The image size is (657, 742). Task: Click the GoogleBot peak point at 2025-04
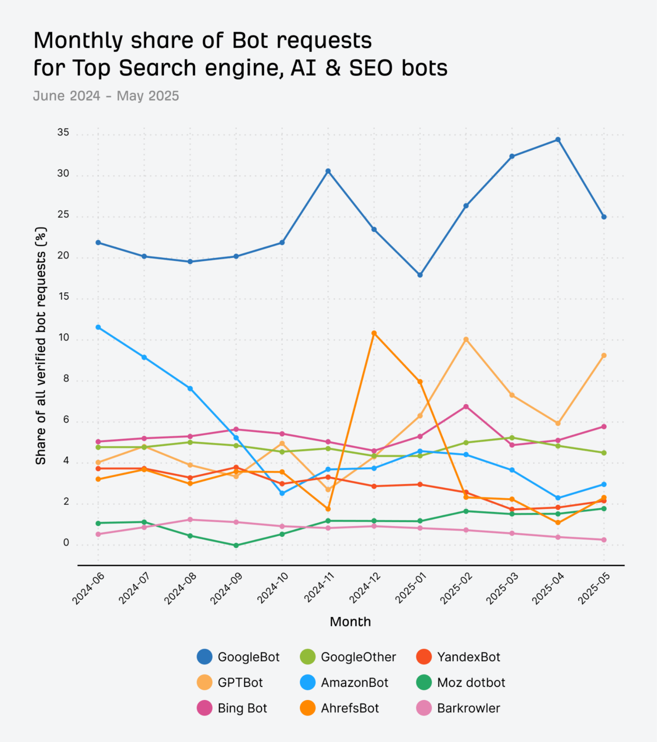[557, 140]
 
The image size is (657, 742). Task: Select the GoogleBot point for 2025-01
[420, 275]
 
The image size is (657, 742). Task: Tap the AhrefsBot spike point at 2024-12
[374, 333]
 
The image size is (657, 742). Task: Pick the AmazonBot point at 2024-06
[98, 327]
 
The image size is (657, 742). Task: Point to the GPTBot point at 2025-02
[466, 340]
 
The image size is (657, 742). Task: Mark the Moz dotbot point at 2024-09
[236, 545]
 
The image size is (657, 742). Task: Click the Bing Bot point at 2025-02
[466, 406]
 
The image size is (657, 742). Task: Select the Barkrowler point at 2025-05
[603, 540]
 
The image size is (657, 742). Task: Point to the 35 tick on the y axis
[63, 132]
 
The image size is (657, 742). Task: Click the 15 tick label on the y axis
[63, 297]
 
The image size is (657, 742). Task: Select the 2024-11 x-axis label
[319, 588]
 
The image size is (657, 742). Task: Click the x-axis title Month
[350, 622]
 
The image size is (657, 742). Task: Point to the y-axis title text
[41, 346]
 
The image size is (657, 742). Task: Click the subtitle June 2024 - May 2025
[106, 96]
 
